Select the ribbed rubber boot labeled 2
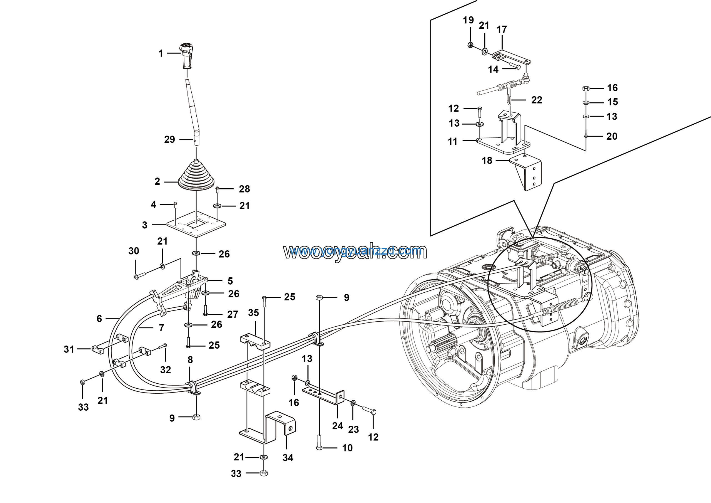[196, 177]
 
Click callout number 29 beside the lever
[169, 140]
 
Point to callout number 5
[230, 281]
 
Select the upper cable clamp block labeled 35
[255, 341]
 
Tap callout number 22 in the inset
[537, 100]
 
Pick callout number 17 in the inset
[502, 29]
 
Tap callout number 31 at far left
[69, 349]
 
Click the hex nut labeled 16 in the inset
[585, 88]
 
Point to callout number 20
[612, 136]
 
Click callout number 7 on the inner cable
[161, 327]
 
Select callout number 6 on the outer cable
[99, 319]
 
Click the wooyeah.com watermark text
[355, 251]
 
